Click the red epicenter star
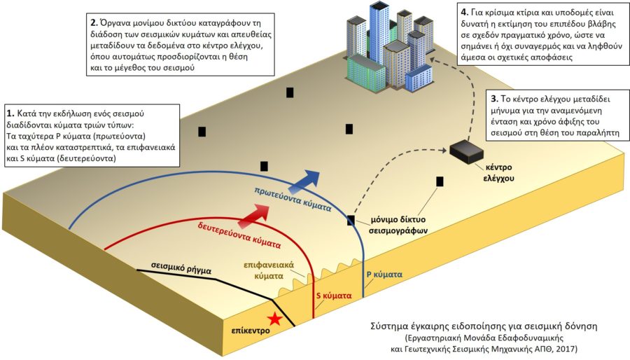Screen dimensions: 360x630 275,319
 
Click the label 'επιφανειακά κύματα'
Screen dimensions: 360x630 268,272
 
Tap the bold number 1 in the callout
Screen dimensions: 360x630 9,113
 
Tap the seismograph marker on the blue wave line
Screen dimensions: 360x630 351,221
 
